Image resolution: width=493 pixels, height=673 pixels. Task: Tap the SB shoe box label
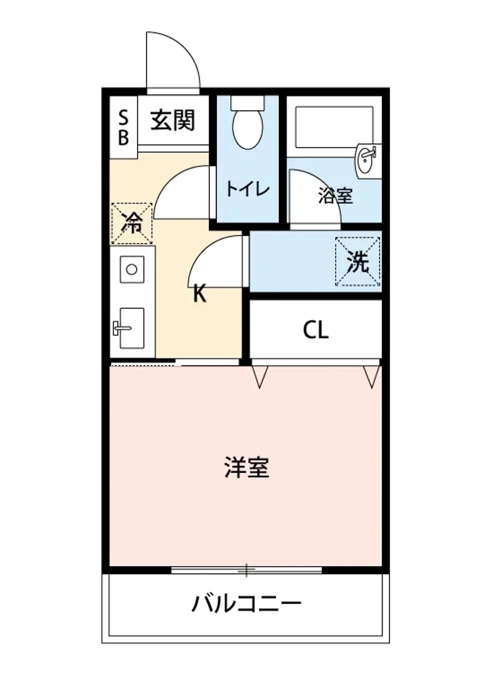(124, 127)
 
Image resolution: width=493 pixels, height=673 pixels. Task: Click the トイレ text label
(248, 188)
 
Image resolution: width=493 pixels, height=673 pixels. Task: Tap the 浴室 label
(335, 196)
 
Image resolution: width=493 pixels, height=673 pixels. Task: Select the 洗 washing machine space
(358, 262)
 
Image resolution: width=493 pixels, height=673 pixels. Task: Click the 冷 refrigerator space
(132, 223)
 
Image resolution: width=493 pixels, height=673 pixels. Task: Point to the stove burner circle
(132, 269)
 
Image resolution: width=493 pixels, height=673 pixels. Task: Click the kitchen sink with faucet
(129, 328)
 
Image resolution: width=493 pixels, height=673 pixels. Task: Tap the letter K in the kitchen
(199, 293)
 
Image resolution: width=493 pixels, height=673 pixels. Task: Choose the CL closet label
(315, 330)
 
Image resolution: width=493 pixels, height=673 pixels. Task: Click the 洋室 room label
(246, 467)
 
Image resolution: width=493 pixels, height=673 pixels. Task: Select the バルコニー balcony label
(246, 604)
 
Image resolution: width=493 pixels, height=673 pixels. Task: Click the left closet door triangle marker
(259, 377)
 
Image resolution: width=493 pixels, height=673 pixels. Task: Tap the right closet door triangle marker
(371, 377)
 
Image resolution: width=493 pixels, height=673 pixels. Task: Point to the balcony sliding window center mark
(246, 570)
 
